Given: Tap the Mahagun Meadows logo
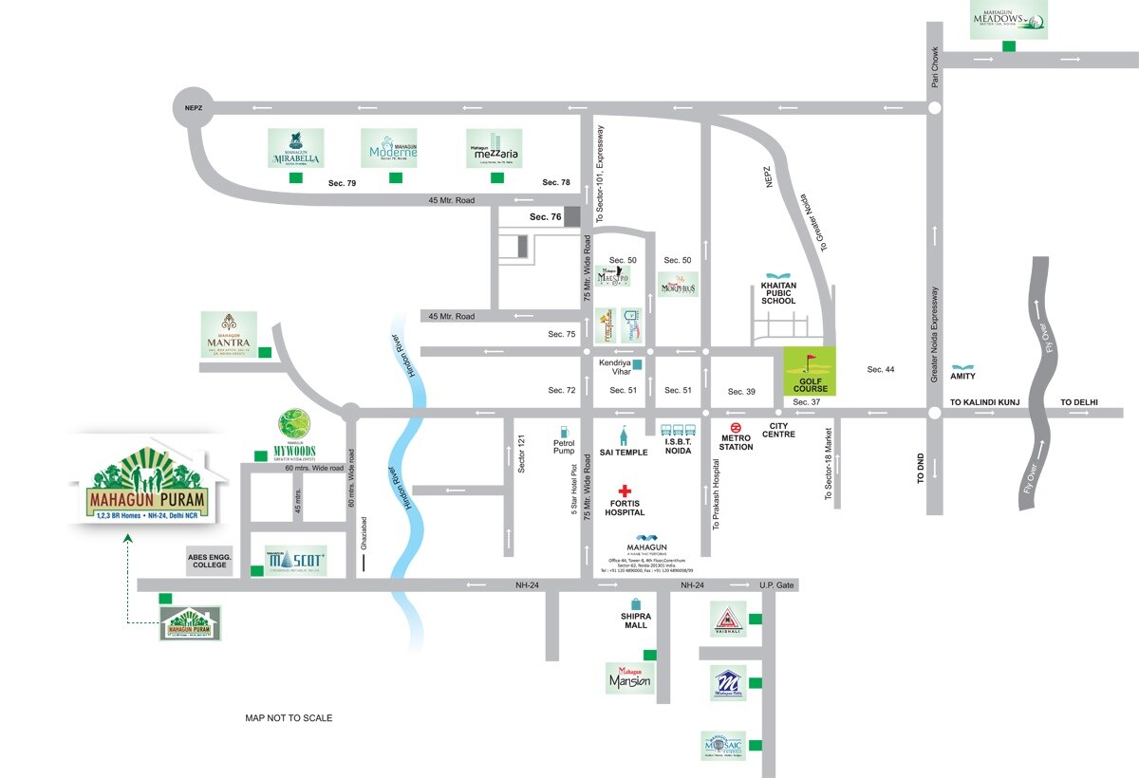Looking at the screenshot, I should tap(1008, 19).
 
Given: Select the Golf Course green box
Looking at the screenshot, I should tap(811, 372).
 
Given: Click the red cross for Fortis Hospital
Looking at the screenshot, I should tap(624, 491).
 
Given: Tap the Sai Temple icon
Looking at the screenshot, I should tap(624, 436).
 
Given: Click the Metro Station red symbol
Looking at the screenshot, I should tap(737, 427).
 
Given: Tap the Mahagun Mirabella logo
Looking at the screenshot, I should tap(295, 148).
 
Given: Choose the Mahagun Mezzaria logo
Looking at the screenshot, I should tap(494, 149).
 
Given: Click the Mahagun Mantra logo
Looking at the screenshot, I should tap(228, 334).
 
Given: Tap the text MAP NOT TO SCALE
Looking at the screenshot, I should tap(289, 718).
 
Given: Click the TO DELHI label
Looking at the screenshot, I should tap(1078, 402).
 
